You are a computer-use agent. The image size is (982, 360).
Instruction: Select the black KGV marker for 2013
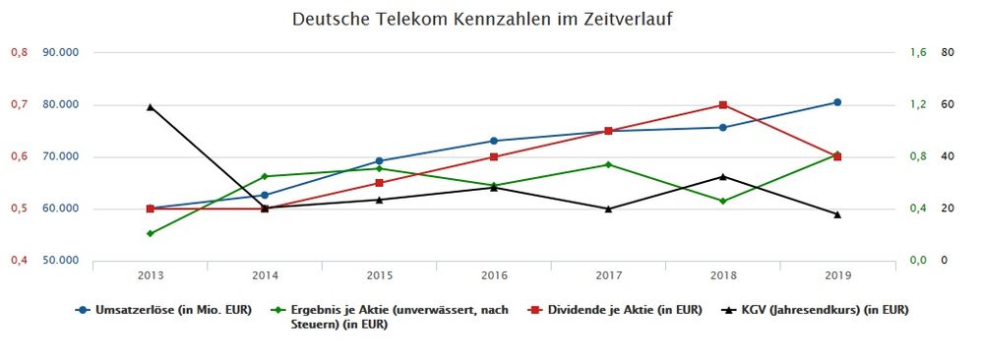pyautogui.click(x=151, y=106)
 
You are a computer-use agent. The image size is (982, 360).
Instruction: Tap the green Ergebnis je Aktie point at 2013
pyautogui.click(x=151, y=233)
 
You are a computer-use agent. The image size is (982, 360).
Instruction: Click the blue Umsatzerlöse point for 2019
pyautogui.click(x=837, y=102)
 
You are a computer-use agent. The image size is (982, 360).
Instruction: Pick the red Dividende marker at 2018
pyautogui.click(x=723, y=105)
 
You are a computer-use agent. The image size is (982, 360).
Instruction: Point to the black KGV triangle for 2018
pyautogui.click(x=723, y=177)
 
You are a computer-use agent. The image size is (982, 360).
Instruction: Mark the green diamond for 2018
pyautogui.click(x=723, y=201)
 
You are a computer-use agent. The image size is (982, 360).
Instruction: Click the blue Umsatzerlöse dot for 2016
pyautogui.click(x=494, y=141)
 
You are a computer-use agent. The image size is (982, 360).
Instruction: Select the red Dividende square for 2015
pyautogui.click(x=380, y=183)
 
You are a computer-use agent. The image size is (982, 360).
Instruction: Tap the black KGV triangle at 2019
pyautogui.click(x=837, y=214)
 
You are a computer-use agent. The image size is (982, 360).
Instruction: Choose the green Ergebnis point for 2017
pyautogui.click(x=608, y=164)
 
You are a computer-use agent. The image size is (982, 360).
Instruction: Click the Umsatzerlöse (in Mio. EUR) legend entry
pyautogui.click(x=163, y=310)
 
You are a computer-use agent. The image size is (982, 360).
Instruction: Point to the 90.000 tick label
pyautogui.click(x=61, y=52)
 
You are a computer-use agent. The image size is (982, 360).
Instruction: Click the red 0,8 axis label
pyautogui.click(x=18, y=52)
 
